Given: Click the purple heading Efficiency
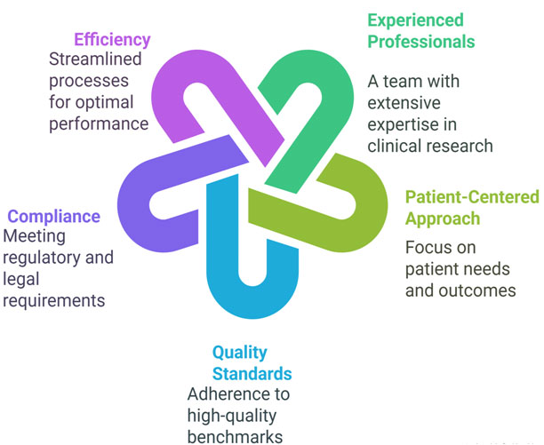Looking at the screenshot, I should click(x=112, y=39).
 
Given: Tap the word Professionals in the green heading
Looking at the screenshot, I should click(x=421, y=42).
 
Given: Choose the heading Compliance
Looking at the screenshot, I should click(x=54, y=216).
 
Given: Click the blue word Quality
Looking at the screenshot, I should click(x=239, y=353).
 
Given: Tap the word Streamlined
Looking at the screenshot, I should click(x=99, y=60).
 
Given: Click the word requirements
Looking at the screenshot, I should click(x=54, y=301).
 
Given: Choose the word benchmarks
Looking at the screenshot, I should click(x=236, y=436).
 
